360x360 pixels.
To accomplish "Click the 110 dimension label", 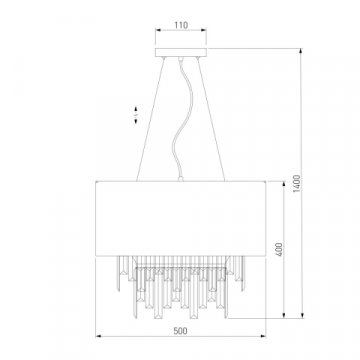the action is point(181,25).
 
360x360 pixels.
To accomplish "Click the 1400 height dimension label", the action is point(297,183).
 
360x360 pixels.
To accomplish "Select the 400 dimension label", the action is point(279,249).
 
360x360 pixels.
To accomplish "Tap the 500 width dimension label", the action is point(181,331).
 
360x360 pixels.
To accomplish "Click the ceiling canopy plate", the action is point(181,52).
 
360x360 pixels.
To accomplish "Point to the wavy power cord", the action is point(182,118).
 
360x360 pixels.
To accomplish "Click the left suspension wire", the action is point(151,119).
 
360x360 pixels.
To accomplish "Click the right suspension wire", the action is point(211,119).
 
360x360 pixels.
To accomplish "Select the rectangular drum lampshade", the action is point(181,218).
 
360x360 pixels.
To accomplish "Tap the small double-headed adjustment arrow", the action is point(136,115).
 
